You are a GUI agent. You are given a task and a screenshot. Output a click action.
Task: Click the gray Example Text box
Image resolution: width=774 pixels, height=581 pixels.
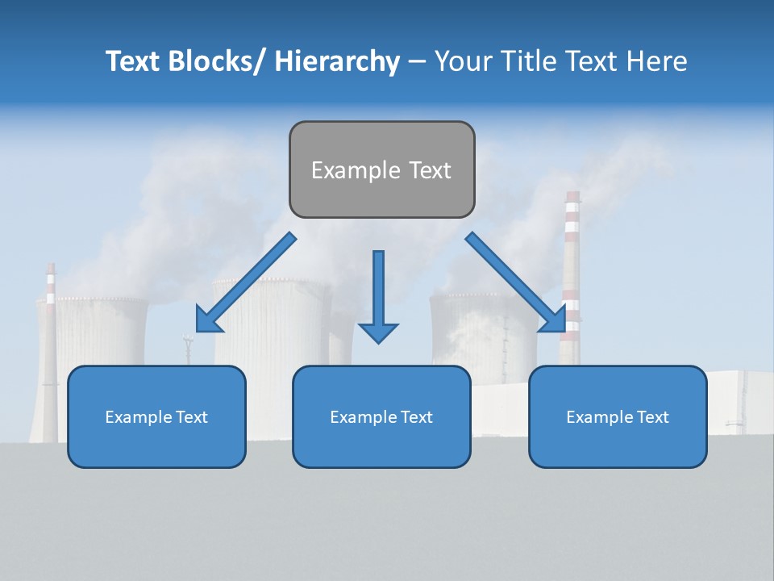tap(381, 169)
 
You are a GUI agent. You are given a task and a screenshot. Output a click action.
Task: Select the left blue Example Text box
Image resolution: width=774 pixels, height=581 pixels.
tap(156, 416)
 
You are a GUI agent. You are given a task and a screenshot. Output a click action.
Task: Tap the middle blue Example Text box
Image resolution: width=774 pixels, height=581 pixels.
tap(381, 416)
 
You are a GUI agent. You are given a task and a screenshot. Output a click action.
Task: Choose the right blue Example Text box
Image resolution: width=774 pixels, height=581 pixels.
tap(618, 416)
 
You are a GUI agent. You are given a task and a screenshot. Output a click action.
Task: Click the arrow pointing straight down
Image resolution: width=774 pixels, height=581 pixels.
tap(378, 295)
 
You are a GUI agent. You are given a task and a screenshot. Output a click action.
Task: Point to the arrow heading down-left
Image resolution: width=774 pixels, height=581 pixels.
tap(246, 282)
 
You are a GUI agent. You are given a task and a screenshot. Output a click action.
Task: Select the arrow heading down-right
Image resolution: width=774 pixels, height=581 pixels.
tap(516, 282)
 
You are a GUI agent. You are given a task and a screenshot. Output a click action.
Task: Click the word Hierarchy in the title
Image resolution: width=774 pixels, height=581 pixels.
tap(337, 61)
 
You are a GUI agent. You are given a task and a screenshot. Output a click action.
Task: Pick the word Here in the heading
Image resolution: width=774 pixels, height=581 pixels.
tap(657, 61)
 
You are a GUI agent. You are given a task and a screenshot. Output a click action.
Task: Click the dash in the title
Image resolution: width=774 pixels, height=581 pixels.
tap(417, 61)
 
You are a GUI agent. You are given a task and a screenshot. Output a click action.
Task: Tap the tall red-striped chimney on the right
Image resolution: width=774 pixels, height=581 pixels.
tap(572, 266)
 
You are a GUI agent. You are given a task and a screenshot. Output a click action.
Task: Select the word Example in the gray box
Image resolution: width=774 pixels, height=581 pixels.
tap(344, 170)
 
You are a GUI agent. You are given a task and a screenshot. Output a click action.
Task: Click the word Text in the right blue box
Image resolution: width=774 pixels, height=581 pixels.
tap(653, 417)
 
